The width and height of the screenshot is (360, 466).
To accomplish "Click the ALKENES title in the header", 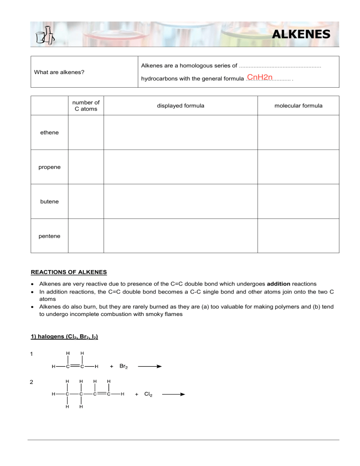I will click(301, 34).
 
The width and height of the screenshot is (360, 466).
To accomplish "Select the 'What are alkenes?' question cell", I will click(59, 72).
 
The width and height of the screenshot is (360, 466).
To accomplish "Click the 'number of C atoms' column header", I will click(86, 105).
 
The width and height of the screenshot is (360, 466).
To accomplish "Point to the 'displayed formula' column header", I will click(180, 105).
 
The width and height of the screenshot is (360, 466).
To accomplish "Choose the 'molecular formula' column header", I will click(298, 105).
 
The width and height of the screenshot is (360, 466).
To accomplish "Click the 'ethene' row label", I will click(49, 133).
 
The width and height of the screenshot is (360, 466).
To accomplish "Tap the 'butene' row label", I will click(49, 201).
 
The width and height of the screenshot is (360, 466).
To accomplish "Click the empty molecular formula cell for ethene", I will click(298, 133).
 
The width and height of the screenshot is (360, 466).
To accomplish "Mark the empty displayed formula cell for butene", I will click(180, 201).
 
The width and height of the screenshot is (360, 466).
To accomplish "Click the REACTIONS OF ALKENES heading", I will click(68, 272).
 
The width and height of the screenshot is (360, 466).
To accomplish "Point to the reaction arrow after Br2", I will click(149, 367).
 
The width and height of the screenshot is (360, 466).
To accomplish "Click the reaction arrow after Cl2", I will click(173, 395).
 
